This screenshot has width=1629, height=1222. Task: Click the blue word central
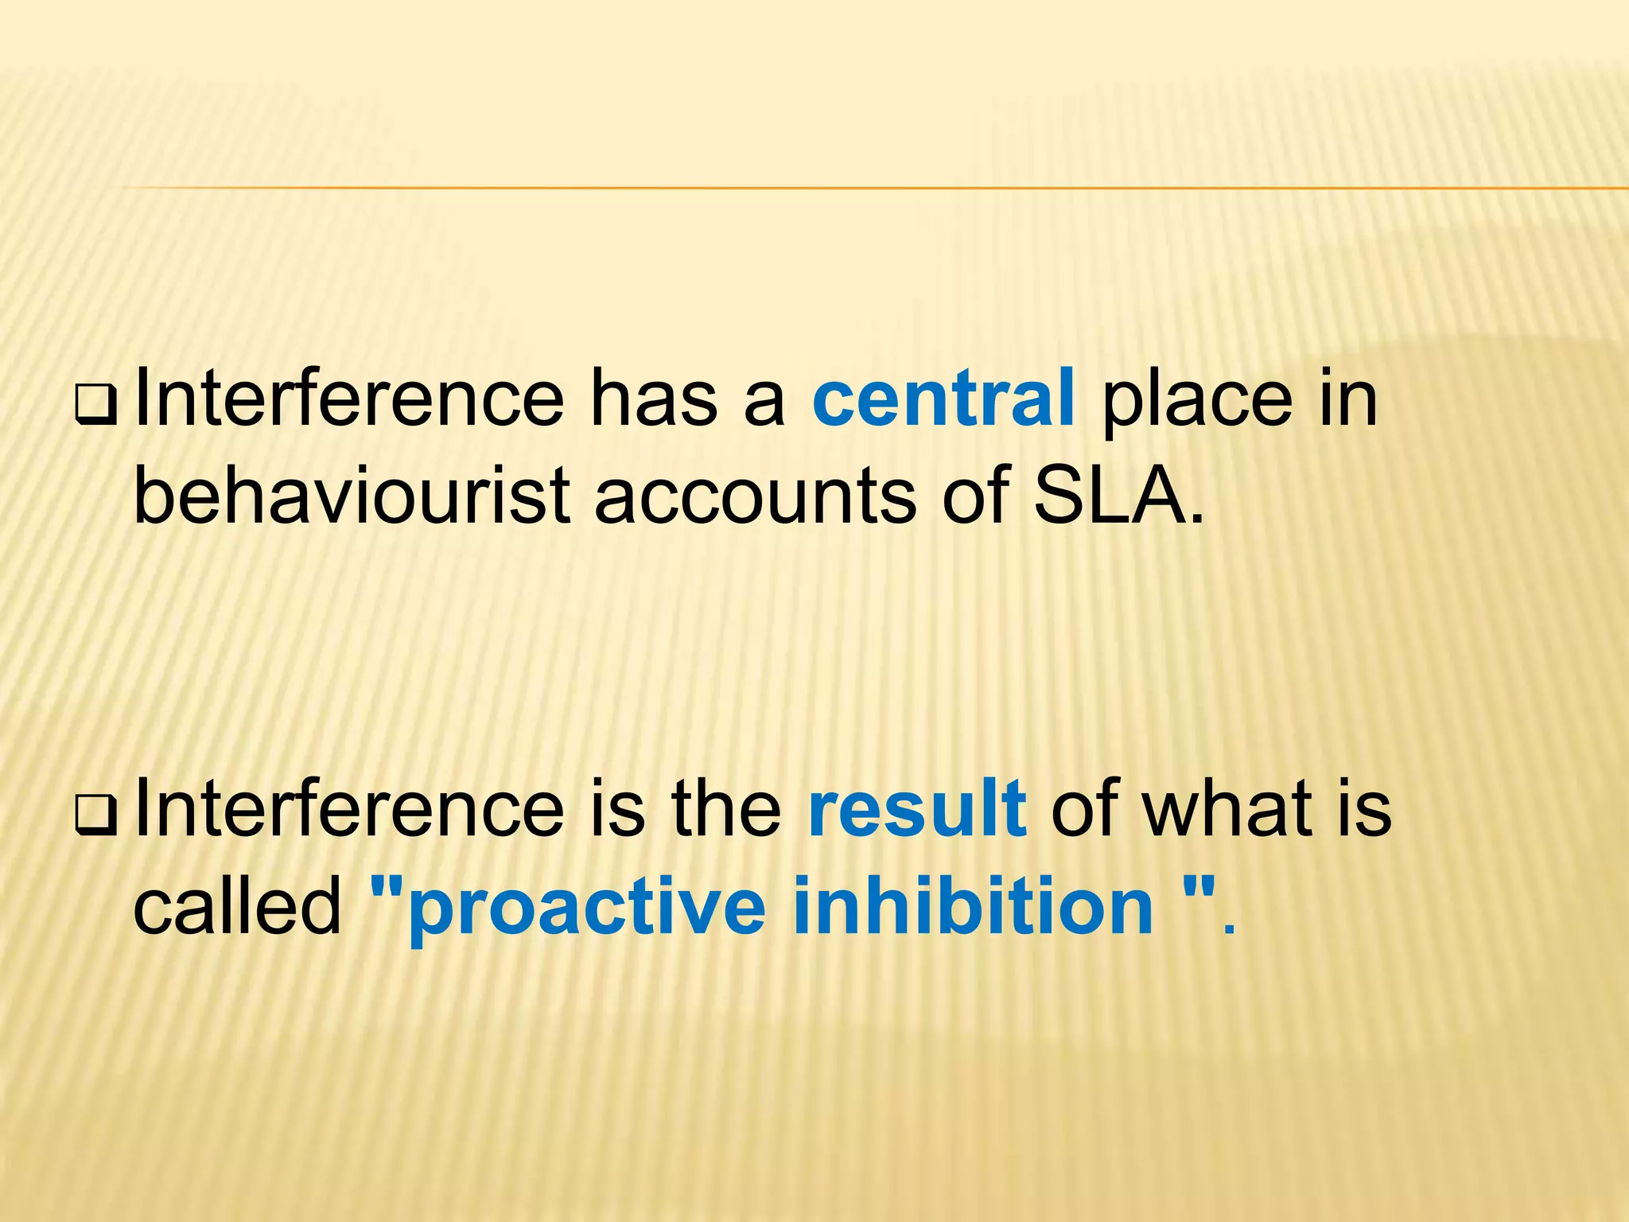[x=943, y=399]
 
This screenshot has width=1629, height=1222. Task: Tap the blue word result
[x=917, y=810]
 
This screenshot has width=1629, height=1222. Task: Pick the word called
[x=237, y=905]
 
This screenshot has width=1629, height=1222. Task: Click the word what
[x=1227, y=810]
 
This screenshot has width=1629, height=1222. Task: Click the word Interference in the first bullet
[x=350, y=399]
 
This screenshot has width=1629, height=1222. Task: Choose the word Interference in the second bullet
[x=350, y=810]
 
